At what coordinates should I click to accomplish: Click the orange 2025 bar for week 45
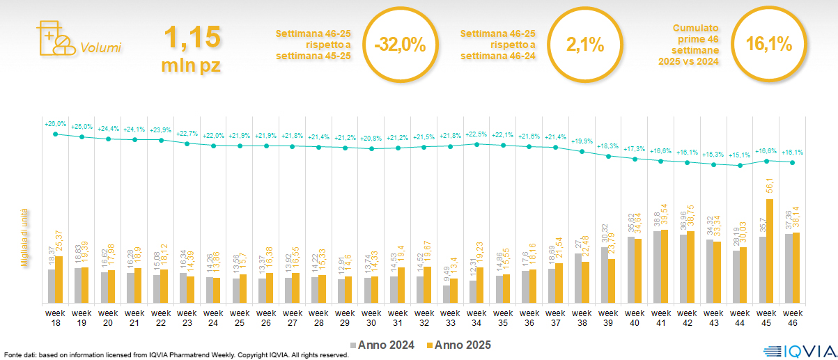pos(770,251)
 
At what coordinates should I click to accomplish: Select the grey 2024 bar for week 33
pos(447,294)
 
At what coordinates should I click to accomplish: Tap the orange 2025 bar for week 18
pos(59,279)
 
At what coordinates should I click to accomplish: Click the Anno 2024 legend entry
pos(382,345)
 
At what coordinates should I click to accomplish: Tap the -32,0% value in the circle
pos(400,45)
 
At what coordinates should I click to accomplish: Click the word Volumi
pos(101,48)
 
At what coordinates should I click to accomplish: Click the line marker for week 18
pos(56,134)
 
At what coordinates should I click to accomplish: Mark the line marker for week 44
pos(740,165)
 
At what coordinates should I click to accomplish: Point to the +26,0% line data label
pos(56,124)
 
